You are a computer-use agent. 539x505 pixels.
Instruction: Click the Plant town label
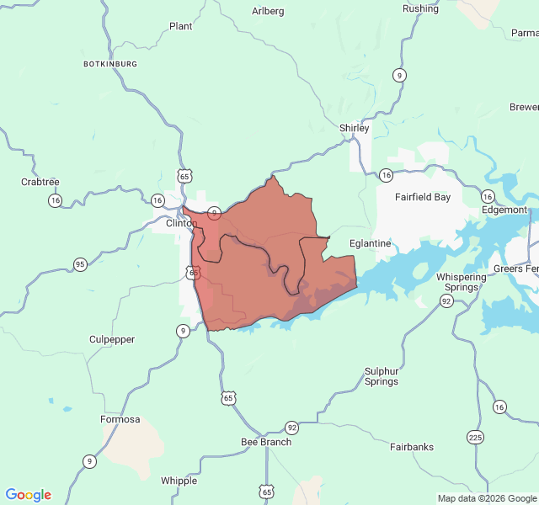point(180,26)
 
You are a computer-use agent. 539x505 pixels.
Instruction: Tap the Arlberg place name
point(268,11)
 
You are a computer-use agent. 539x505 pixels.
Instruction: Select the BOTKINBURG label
point(109,64)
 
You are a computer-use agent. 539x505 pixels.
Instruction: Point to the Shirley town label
point(355,128)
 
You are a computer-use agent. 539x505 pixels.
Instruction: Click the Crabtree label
point(40,182)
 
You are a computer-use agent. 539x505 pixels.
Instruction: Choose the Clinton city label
point(181,223)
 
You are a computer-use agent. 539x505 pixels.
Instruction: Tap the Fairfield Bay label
point(423,198)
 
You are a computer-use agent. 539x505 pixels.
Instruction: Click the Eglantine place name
point(371,243)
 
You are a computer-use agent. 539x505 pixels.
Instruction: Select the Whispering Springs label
point(462,282)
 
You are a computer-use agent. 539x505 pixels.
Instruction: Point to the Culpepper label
point(112,339)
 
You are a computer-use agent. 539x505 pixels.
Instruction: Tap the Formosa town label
point(120,419)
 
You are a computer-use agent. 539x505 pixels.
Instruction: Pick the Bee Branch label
point(266,442)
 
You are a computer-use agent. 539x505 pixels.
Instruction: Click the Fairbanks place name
point(412,447)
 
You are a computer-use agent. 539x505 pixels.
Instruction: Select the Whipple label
point(179,481)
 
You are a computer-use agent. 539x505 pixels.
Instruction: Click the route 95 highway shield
point(80,264)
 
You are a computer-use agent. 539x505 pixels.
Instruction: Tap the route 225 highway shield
point(476,437)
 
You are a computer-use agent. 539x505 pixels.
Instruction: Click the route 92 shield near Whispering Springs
point(446,300)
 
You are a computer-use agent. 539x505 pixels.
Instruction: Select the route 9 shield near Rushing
point(398,76)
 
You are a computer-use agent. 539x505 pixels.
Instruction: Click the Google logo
point(29,495)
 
